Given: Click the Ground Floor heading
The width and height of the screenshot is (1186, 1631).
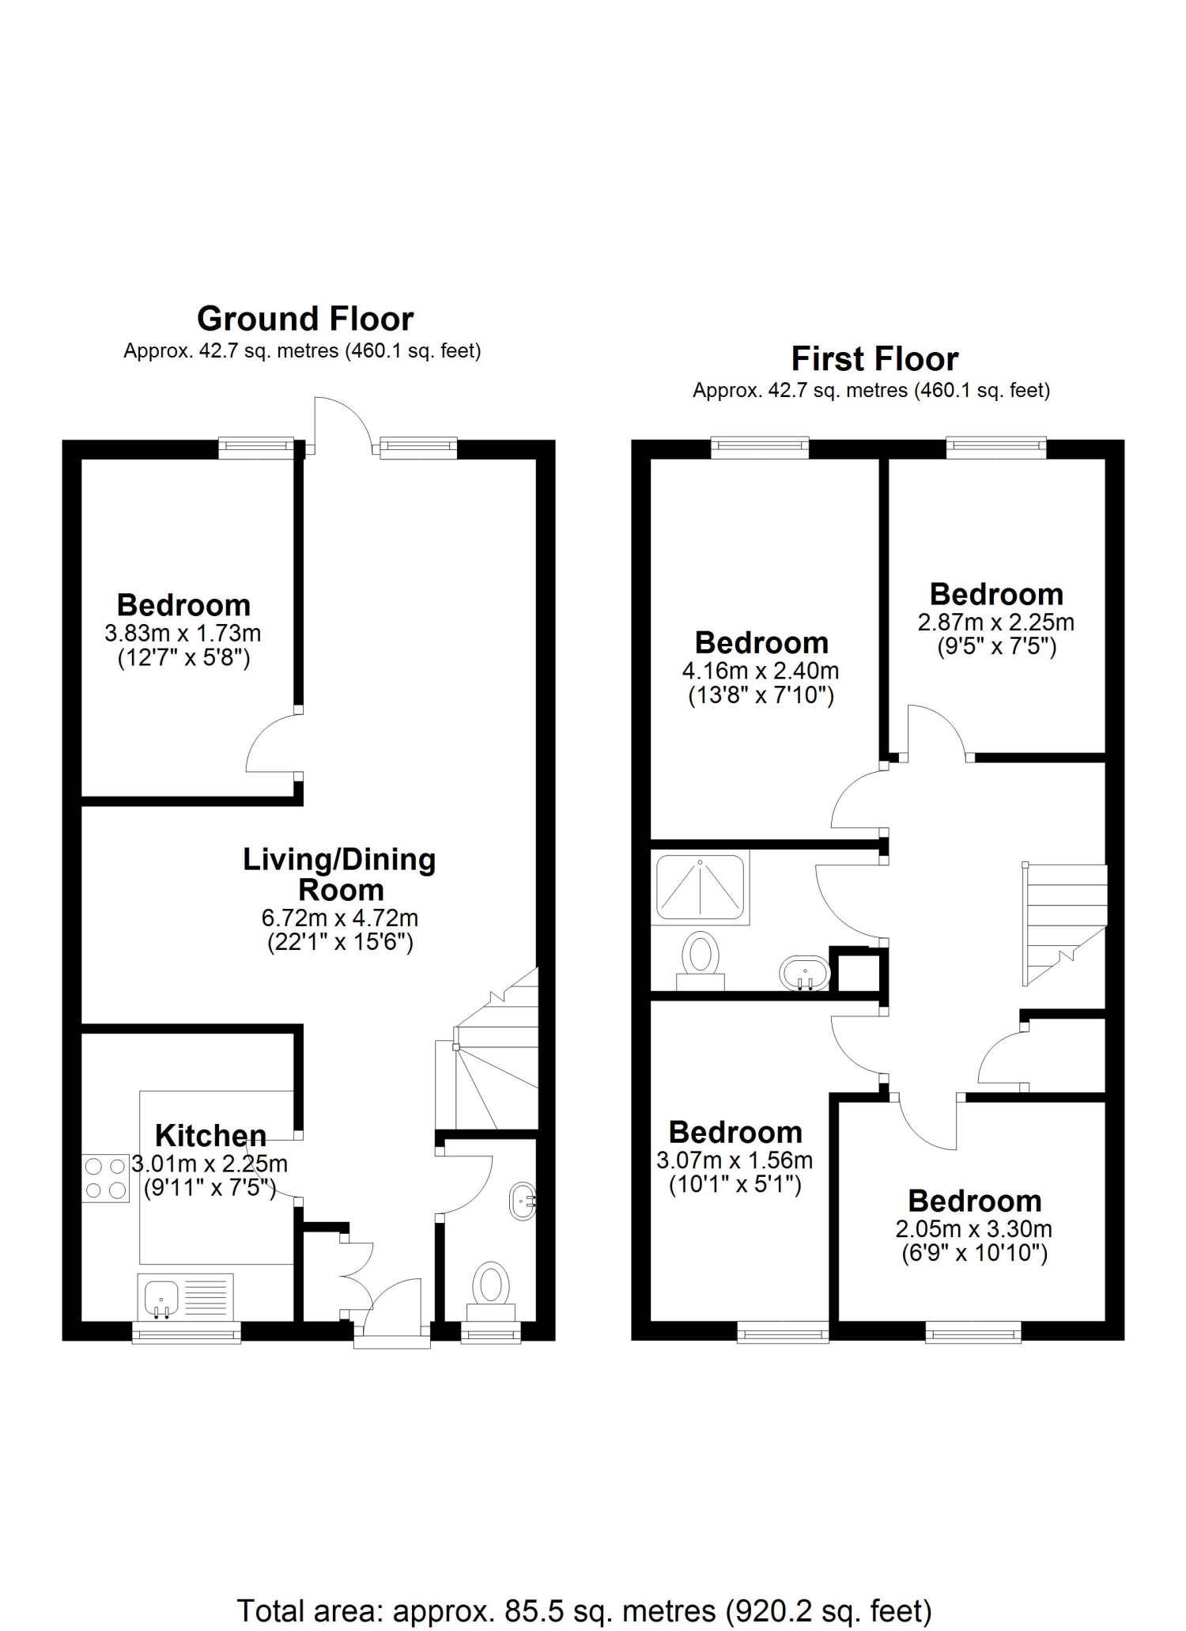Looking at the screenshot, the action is click(305, 319).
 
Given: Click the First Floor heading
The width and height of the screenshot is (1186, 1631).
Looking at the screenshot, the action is click(874, 359).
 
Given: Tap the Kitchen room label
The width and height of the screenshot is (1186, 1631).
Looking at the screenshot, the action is click(210, 1135).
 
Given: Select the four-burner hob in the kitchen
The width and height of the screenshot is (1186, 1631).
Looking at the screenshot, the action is click(105, 1179).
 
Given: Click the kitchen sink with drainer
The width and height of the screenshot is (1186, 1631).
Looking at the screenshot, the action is click(186, 1296).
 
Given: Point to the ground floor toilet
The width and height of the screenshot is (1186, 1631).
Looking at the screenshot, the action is click(492, 1292).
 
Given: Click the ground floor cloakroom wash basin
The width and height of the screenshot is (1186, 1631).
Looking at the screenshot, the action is click(523, 1201).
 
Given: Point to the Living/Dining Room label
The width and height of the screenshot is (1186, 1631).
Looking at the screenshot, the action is click(340, 874).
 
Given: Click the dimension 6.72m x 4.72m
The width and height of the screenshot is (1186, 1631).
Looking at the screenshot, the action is click(340, 918).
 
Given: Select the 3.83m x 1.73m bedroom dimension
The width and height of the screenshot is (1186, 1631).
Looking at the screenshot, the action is click(183, 634).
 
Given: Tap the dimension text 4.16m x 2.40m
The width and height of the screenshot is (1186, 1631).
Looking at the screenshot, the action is click(761, 671).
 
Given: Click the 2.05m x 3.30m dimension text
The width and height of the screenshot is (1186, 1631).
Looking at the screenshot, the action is click(974, 1228).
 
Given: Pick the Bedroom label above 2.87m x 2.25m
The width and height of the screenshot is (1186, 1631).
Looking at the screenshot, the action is click(996, 594).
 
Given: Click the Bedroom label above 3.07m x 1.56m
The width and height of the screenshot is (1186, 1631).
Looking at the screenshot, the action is click(735, 1132).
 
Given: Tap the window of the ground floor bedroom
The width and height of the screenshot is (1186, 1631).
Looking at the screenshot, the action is click(256, 448).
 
